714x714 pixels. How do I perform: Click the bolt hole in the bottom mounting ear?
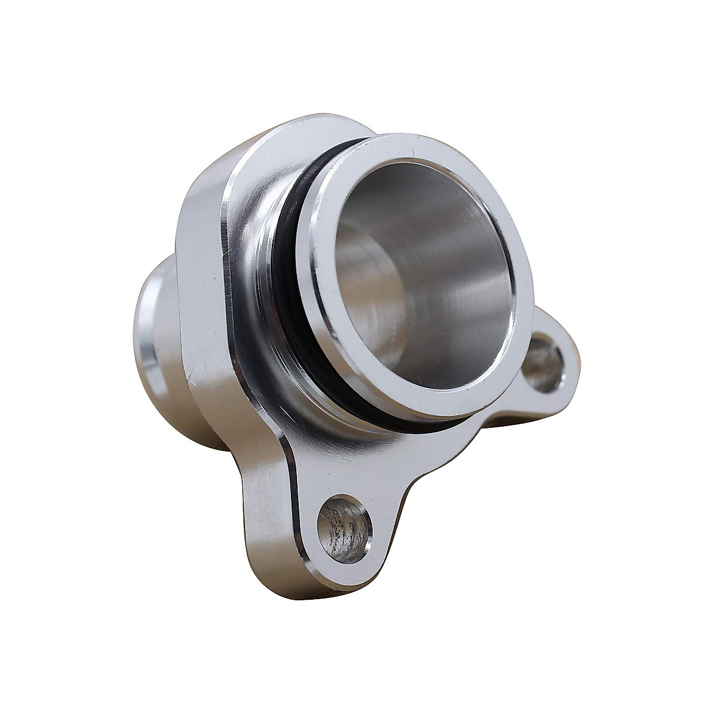pyautogui.click(x=344, y=522)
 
